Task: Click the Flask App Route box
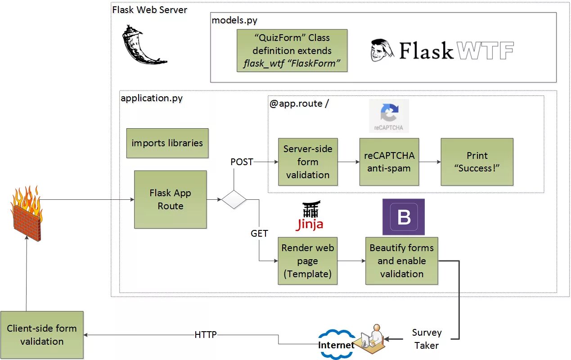pos(170,199)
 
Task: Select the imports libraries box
pos(167,143)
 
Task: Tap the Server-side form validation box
pos(308,162)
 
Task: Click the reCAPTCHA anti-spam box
pos(389,162)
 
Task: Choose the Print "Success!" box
pos(477,162)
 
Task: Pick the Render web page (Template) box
pos(308,261)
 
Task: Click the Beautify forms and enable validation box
pos(401,261)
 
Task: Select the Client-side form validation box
pos(42,335)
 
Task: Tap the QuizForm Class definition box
pos(292,50)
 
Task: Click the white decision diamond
pos(234,199)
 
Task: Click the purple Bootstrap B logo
pos(404,217)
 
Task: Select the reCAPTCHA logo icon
pos(389,116)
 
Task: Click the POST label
pos(242,162)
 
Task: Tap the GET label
pos(259,234)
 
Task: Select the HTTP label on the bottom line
pos(206,335)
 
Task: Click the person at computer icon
pos(372,336)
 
